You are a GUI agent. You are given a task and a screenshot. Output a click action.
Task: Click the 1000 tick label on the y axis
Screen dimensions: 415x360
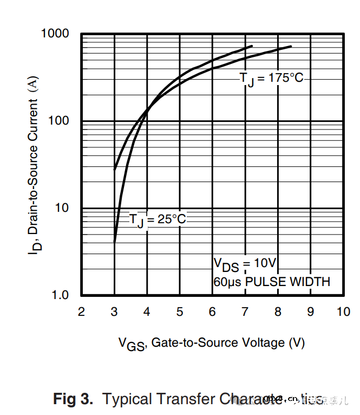[x=56, y=34]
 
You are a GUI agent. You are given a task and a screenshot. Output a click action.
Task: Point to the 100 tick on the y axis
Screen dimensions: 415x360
[x=60, y=120]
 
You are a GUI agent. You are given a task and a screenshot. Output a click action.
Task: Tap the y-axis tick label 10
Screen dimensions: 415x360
[x=63, y=208]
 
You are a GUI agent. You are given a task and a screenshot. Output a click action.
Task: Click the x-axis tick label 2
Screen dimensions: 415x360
[x=81, y=312]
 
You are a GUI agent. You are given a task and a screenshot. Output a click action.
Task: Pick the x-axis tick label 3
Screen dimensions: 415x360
[x=114, y=312]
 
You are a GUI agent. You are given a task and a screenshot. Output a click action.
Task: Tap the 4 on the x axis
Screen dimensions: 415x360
[x=147, y=312]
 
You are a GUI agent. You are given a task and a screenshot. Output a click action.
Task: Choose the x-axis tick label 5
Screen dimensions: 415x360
[x=180, y=312]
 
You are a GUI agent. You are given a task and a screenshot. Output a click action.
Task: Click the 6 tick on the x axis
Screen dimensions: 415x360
[x=212, y=312]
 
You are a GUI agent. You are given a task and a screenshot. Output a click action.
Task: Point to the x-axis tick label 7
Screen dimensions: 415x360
[x=245, y=312]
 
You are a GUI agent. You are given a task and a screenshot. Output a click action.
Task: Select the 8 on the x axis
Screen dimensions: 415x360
[x=278, y=312]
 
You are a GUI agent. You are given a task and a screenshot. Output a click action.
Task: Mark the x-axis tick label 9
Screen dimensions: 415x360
[x=311, y=312]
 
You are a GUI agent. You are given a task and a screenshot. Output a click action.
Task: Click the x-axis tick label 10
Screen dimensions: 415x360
[x=343, y=312]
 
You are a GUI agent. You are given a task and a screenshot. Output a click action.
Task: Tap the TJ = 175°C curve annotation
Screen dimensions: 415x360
[x=271, y=79]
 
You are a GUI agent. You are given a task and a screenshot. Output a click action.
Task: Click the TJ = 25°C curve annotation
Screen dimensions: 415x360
[x=157, y=219]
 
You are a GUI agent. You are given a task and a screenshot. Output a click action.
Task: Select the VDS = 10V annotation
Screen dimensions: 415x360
[x=245, y=264]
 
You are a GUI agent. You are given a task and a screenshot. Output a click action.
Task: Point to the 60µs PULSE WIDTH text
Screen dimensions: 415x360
[x=271, y=282]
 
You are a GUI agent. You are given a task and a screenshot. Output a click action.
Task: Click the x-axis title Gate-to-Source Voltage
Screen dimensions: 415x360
[x=212, y=343]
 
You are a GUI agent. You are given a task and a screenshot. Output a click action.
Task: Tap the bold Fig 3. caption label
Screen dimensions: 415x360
[x=73, y=399]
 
